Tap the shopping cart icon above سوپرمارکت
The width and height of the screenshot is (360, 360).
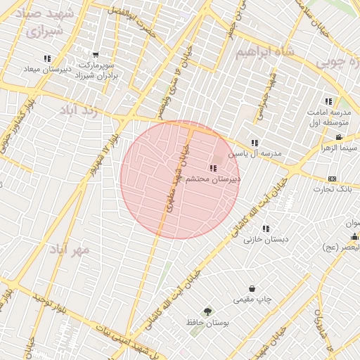pyautogui.click(x=96, y=55)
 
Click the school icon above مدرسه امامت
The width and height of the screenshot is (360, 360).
pyautogui.click(x=328, y=102)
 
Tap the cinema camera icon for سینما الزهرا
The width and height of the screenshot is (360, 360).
pyautogui.click(x=339, y=137)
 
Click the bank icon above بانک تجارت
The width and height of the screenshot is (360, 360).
pyautogui.click(x=332, y=179)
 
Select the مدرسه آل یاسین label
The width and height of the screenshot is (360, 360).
pyautogui.click(x=261, y=153)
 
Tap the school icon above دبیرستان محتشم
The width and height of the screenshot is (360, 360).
pyautogui.click(x=213, y=168)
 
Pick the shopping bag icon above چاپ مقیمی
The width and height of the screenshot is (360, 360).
pyautogui.click(x=252, y=289)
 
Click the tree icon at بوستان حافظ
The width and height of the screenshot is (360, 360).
pyautogui.click(x=207, y=311)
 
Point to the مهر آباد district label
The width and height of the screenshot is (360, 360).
pyautogui.click(x=70, y=250)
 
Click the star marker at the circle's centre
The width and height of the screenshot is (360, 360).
pyautogui.click(x=180, y=179)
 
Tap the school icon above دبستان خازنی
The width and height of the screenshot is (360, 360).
pyautogui.click(x=266, y=229)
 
